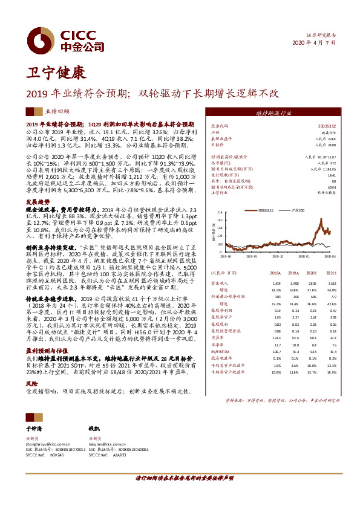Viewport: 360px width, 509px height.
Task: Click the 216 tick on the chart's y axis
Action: (220, 213)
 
